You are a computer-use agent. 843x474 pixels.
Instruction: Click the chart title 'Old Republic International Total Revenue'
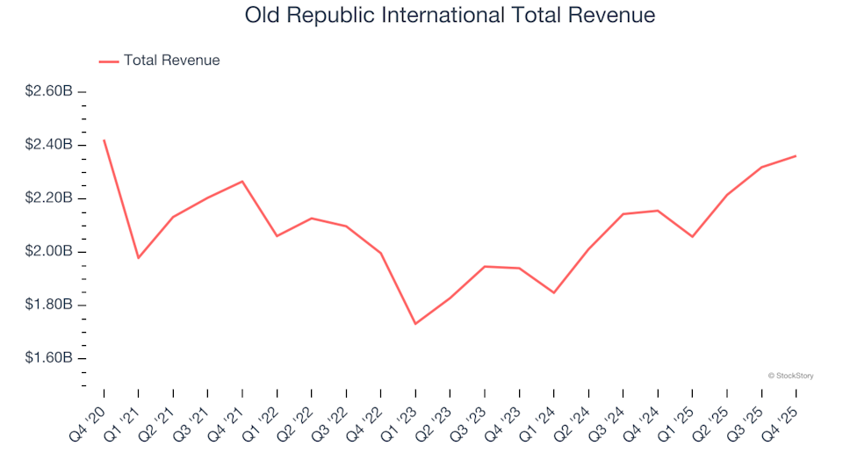(450, 15)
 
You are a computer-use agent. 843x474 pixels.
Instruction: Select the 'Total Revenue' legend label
(171, 61)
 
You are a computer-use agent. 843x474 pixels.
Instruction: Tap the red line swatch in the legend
(109, 61)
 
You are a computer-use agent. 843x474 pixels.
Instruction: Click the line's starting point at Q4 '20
(104, 140)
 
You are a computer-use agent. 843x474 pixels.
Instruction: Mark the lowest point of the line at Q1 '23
(415, 324)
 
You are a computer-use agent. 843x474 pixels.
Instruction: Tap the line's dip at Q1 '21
(139, 258)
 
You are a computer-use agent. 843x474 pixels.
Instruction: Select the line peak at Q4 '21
(242, 182)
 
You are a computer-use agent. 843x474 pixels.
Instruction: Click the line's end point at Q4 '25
(796, 156)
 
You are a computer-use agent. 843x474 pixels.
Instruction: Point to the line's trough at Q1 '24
(553, 293)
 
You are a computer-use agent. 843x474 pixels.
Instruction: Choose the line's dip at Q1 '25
(692, 237)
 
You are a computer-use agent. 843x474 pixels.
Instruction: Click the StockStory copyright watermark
(790, 376)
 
